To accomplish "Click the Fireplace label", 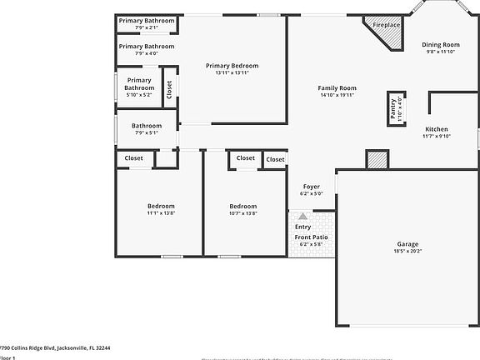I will (386, 25).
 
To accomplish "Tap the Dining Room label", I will (440, 45).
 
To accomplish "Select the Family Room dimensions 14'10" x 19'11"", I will (337, 95).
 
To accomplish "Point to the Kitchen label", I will (437, 129).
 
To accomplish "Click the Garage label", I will (407, 244).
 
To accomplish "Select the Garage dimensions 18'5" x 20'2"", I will (407, 252).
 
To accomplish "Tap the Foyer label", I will (311, 187).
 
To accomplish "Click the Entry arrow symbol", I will (302, 216).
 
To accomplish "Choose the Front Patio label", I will (311, 237).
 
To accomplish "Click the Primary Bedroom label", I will (232, 66).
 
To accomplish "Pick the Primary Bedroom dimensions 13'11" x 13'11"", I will (232, 73).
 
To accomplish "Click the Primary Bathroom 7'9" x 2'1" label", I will (147, 20).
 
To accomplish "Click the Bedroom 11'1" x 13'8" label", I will (161, 206).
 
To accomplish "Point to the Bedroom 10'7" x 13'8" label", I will (243, 206).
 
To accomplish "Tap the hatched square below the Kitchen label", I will (377, 159).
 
